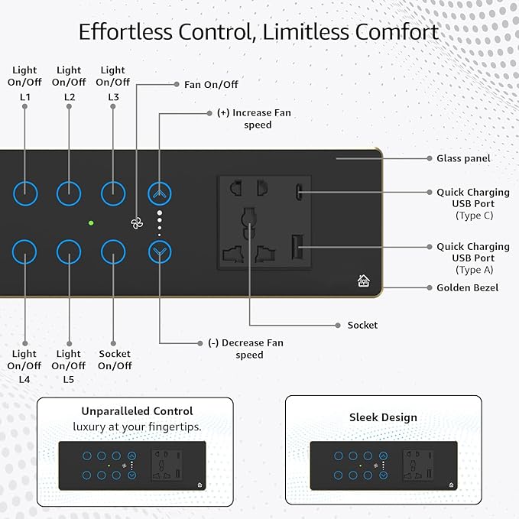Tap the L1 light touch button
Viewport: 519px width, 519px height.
click(x=14, y=193)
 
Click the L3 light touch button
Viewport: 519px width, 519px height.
click(x=102, y=193)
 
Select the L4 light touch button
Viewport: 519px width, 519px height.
click(x=13, y=252)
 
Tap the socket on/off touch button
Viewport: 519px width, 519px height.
click(x=102, y=252)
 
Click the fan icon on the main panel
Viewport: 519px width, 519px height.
click(x=137, y=224)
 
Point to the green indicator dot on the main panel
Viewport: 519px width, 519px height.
click(x=91, y=223)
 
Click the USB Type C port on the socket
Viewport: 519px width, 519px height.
click(x=298, y=192)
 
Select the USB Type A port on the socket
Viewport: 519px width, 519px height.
click(x=297, y=247)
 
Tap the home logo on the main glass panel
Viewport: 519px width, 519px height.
click(x=363, y=281)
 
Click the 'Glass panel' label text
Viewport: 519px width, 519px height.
click(x=463, y=158)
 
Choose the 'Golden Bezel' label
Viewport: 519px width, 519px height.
click(x=467, y=287)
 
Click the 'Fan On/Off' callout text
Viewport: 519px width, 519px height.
click(x=211, y=85)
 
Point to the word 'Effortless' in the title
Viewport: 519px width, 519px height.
click(x=125, y=32)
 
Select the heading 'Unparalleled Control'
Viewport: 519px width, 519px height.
click(x=137, y=411)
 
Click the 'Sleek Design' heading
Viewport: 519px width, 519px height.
click(x=383, y=417)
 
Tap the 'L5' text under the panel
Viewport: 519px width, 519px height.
click(x=69, y=379)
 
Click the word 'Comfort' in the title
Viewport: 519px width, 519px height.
click(x=397, y=32)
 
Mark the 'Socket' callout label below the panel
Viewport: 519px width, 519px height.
click(x=362, y=325)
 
